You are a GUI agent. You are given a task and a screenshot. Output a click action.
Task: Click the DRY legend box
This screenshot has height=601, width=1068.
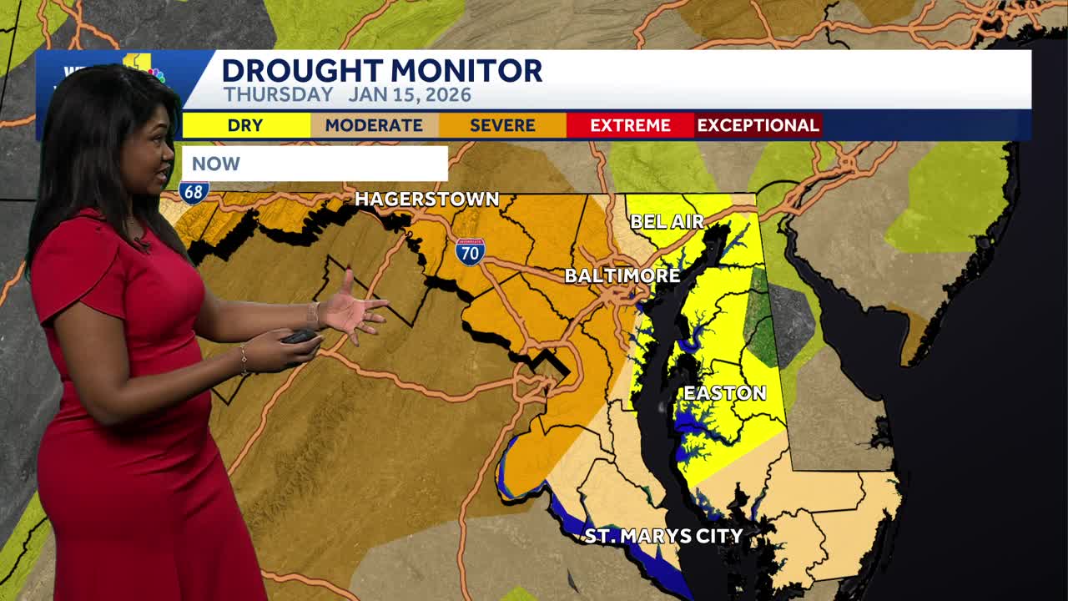coord(245,125)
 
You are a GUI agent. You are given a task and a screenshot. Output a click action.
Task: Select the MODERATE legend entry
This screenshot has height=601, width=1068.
coord(374,125)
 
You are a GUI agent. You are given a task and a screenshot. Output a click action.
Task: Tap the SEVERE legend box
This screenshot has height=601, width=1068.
coord(502,125)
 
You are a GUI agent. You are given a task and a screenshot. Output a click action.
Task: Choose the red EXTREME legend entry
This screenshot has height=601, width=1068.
coord(630,125)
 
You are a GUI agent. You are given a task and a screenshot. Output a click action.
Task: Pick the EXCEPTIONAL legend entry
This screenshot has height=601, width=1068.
coord(758,125)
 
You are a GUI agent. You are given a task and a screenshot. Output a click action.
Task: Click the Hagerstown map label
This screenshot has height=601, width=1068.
coord(426,199)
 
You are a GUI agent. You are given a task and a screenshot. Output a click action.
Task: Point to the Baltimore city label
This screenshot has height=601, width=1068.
coord(622,275)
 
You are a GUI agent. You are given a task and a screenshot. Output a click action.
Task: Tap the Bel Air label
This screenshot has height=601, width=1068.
coord(667,221)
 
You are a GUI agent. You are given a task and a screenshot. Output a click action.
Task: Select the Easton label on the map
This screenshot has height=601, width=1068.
coord(724,392)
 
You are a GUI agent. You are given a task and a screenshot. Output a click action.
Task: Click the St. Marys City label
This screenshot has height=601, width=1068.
coord(663,535)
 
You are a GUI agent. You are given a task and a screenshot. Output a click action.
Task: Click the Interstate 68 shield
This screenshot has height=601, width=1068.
coord(193,191)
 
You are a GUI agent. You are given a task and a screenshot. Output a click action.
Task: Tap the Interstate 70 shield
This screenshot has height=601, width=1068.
coord(470,250)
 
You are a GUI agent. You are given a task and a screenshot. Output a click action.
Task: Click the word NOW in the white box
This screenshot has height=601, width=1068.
coord(216,164)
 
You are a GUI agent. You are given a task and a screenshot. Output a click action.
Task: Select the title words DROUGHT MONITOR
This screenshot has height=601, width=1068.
coord(382,70)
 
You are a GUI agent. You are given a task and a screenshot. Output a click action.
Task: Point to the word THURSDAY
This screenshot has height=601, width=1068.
coord(278,94)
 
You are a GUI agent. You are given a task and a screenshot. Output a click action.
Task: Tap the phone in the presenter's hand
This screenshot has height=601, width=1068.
coord(300,336)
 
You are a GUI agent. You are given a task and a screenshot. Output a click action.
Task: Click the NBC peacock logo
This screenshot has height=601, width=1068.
coord(156,75)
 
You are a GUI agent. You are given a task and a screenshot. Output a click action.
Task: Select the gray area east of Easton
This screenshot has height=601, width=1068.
coord(790,323)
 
